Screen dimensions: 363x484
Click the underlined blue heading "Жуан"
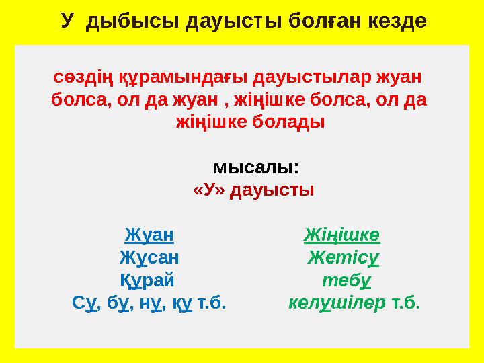[149, 235]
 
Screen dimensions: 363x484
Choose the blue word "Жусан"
[149, 257]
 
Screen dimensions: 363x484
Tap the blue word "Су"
[84, 303]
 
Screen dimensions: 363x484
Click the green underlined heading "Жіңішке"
[341, 235]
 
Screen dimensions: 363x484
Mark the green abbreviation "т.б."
[405, 303]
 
